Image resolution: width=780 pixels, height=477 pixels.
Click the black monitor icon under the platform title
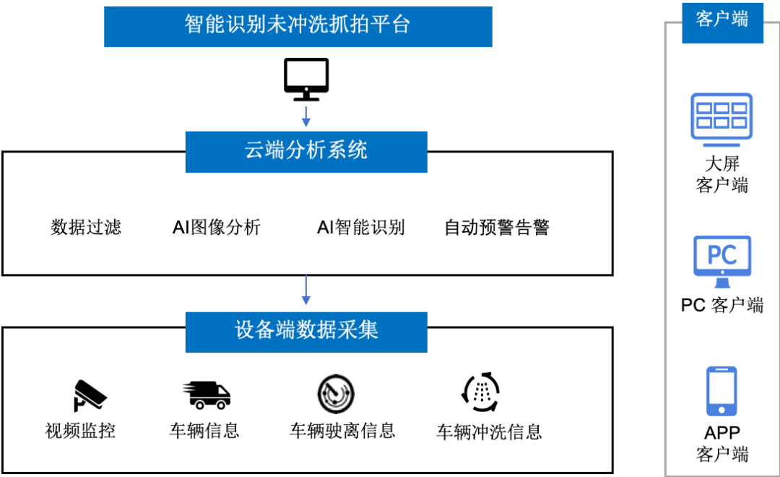[x=306, y=79]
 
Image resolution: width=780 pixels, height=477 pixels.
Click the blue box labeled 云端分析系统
[x=306, y=152]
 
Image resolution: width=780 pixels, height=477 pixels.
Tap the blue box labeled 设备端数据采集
[x=306, y=332]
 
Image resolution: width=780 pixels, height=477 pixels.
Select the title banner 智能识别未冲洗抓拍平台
[x=298, y=27]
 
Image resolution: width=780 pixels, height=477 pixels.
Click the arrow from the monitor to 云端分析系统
[x=306, y=116]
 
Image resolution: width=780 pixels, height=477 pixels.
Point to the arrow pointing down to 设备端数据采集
[x=306, y=290]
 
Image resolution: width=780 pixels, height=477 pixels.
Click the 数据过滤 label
[x=86, y=227]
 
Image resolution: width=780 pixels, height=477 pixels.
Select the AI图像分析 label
[x=217, y=227]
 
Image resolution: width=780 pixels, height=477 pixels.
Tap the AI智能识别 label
[x=360, y=227]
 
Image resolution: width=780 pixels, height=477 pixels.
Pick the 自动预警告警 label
[x=496, y=227]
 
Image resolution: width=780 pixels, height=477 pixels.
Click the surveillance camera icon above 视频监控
[x=90, y=396]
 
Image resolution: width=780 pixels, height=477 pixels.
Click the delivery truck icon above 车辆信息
[x=207, y=395]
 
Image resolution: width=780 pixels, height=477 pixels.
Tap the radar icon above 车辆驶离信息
[x=336, y=394]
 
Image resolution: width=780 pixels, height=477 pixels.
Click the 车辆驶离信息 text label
[x=343, y=431]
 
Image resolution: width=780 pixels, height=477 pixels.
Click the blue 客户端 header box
[x=722, y=23]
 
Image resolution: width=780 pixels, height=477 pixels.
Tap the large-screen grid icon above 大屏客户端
[x=721, y=119]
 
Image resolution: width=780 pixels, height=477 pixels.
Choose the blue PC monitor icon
[x=722, y=262]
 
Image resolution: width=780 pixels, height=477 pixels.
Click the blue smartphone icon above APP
[x=721, y=391]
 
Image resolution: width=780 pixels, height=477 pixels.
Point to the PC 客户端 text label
[x=721, y=305]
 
